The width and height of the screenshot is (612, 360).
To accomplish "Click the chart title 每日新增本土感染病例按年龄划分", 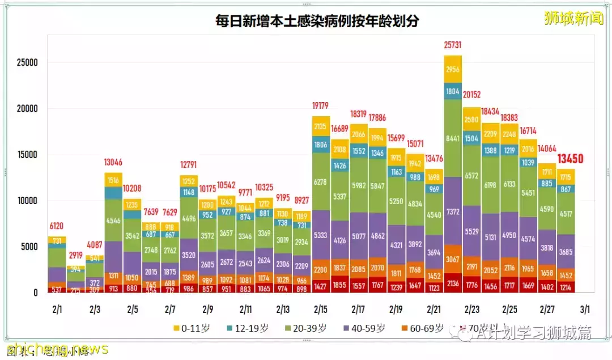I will (x=317, y=21).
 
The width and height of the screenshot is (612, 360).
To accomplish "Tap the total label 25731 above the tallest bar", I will (x=453, y=44).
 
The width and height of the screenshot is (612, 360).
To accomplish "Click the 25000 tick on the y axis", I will (x=27, y=62).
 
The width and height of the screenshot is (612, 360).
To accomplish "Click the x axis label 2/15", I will (x=321, y=310).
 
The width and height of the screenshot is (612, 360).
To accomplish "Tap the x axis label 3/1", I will (x=584, y=310).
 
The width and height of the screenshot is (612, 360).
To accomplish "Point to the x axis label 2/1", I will (x=57, y=310).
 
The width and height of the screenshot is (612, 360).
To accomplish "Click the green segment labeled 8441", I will (x=453, y=138).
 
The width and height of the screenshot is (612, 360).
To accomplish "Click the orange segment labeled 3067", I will (x=453, y=260).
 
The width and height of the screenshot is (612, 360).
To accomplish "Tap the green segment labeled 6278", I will (x=321, y=182).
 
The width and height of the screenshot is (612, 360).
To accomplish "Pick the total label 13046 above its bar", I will (x=113, y=163).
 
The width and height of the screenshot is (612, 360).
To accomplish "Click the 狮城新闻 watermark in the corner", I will (x=572, y=18).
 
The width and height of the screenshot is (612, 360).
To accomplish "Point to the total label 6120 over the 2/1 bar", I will (x=57, y=226).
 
